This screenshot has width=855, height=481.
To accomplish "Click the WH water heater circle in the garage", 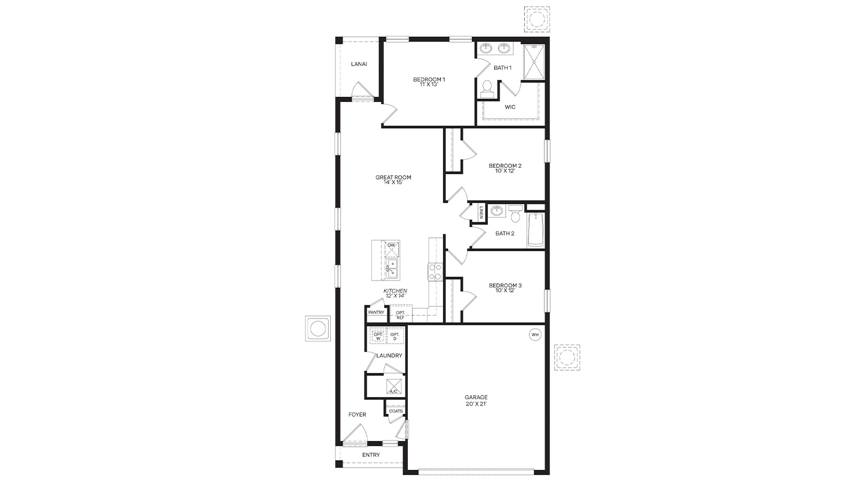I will [x=535, y=335].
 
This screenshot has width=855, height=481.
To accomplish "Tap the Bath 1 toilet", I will [x=487, y=89].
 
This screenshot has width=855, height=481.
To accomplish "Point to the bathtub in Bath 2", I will [x=535, y=230].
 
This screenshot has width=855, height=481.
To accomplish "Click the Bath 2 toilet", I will [x=515, y=214].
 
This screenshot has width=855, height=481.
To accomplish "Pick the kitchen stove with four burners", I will [x=434, y=272].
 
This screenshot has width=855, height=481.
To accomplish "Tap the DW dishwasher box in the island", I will [x=392, y=248].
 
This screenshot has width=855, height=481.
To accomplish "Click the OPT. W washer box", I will [x=378, y=337].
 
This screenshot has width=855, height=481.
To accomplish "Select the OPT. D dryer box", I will [x=395, y=337].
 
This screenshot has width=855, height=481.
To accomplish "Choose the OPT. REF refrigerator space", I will [x=400, y=315].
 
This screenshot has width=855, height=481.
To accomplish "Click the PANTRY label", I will [x=376, y=313].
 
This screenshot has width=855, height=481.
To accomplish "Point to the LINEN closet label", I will [x=481, y=213].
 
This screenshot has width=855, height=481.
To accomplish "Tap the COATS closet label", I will [x=396, y=411].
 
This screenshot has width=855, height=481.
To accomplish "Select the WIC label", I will [x=510, y=107].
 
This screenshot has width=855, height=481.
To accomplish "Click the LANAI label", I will [x=359, y=64].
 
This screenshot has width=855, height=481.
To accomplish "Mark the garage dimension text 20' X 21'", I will [x=476, y=404].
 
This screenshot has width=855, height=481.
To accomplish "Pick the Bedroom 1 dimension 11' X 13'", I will [x=429, y=84].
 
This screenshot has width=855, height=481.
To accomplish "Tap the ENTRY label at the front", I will [x=371, y=455].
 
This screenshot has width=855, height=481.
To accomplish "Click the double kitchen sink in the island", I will [x=392, y=269].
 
